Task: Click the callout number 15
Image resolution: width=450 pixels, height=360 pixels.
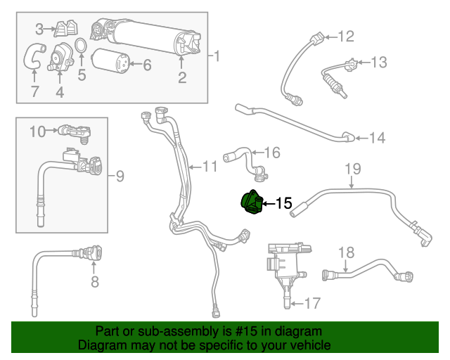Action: point(283,203)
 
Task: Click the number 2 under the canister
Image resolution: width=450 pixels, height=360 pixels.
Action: point(181,79)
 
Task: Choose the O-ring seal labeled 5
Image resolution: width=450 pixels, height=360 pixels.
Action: point(81,46)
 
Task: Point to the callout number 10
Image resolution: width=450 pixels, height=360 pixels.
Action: point(37,130)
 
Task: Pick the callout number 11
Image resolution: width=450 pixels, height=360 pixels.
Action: point(210,167)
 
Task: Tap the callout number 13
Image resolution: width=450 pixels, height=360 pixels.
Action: point(378,63)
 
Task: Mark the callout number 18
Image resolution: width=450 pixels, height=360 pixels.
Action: point(347,252)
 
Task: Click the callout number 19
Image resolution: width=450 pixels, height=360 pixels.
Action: point(352,168)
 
